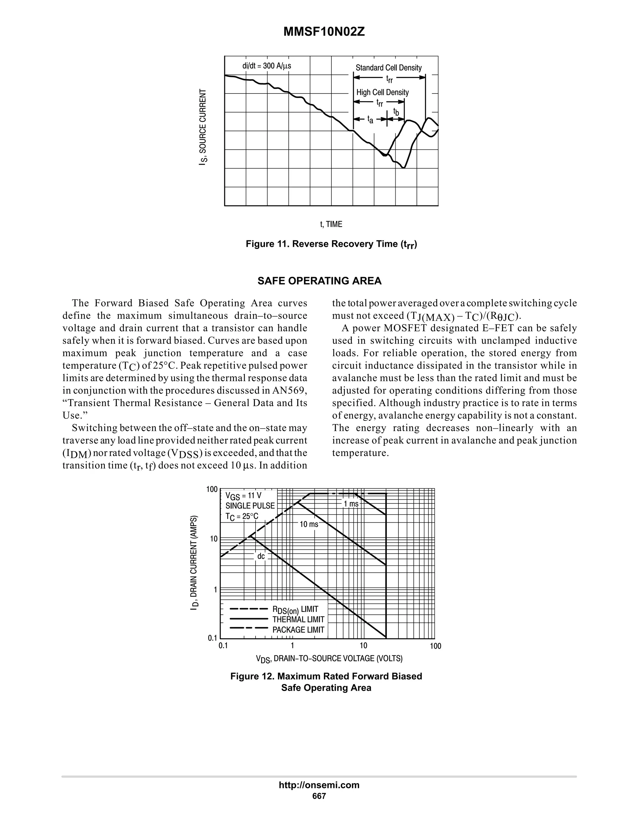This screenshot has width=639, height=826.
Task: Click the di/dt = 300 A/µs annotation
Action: (x=266, y=66)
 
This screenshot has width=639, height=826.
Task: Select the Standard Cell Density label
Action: (x=388, y=68)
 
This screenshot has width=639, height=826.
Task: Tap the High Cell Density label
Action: (x=382, y=92)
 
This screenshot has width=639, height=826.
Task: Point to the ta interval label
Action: (x=370, y=120)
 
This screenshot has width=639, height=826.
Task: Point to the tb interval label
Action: (x=396, y=112)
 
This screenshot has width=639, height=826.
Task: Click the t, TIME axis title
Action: (x=331, y=224)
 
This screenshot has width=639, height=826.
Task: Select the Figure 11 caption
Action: (x=331, y=244)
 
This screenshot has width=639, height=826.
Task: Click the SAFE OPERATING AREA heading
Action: (x=319, y=281)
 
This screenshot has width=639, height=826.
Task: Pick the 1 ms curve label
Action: (x=350, y=504)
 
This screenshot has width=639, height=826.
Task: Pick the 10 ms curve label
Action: (x=309, y=524)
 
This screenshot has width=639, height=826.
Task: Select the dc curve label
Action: (x=261, y=556)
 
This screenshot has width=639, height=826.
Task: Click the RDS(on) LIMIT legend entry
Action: (x=295, y=609)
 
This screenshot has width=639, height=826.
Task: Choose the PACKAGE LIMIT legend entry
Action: (x=298, y=630)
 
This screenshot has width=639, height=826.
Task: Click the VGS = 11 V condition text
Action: (x=243, y=496)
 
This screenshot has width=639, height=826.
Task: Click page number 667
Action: (x=319, y=796)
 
